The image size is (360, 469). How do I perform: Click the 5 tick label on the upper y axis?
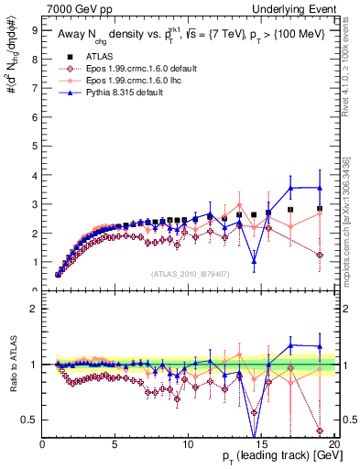coord(35,146)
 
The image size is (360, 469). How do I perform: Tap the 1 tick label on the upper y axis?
coord(35,262)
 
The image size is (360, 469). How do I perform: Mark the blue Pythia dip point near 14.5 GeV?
coord(254,261)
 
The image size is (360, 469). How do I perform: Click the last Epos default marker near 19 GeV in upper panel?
coord(319,255)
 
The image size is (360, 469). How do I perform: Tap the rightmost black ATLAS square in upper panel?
coord(319,208)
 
